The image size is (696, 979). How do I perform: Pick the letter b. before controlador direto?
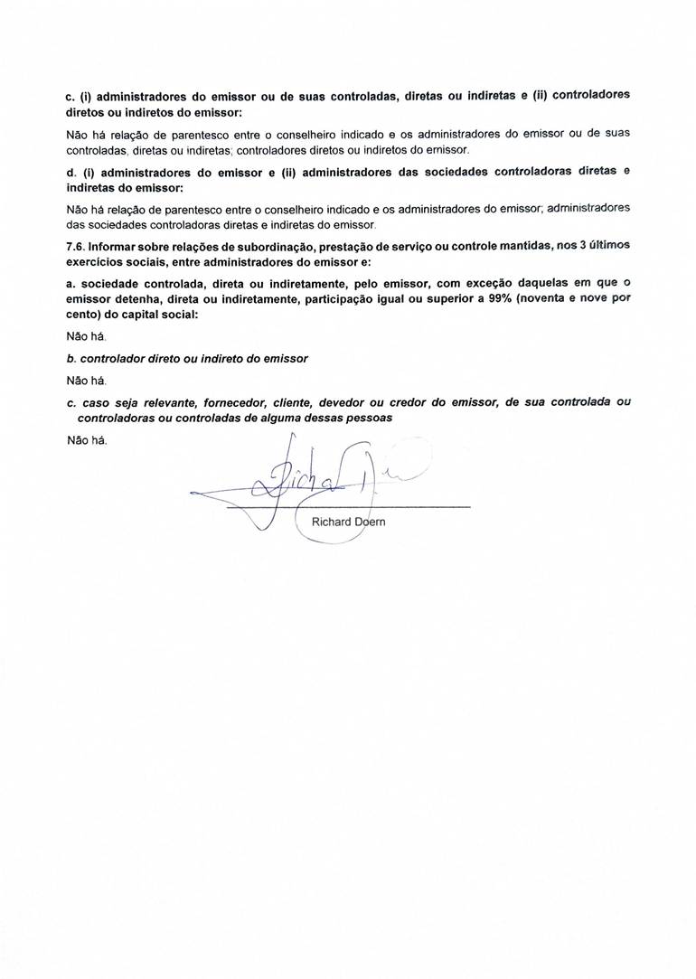71,359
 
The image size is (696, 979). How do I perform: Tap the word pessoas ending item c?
369,419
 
